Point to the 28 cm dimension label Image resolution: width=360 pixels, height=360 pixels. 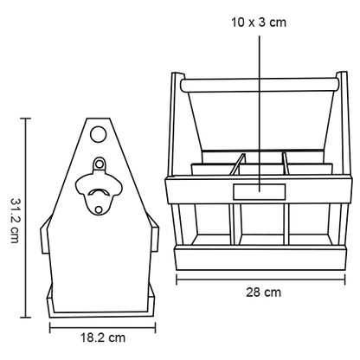(x=258, y=292)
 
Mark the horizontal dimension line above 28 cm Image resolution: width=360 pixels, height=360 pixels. (x=258, y=279)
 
